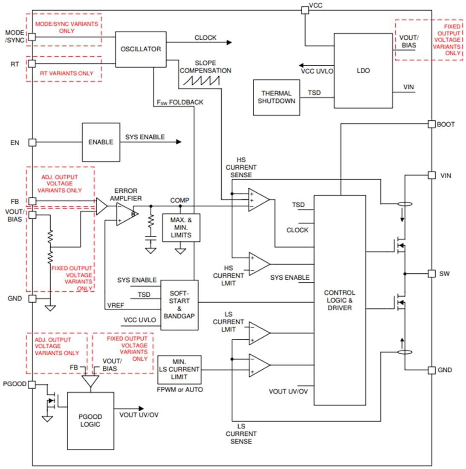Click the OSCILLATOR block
(x=141, y=49)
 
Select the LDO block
(x=363, y=71)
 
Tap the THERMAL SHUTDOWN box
(x=276, y=97)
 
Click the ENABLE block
(x=101, y=142)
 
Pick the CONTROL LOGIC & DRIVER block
(x=340, y=300)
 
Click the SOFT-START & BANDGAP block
(x=179, y=305)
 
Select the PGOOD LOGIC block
(x=90, y=420)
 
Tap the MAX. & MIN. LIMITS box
(x=181, y=228)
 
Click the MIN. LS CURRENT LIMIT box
(x=179, y=369)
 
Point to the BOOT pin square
(x=431, y=124)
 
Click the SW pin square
(x=431, y=273)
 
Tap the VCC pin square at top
(x=305, y=10)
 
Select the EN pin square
(x=32, y=142)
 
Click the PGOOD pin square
(x=32, y=384)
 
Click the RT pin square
(x=32, y=64)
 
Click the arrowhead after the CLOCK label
(x=229, y=42)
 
